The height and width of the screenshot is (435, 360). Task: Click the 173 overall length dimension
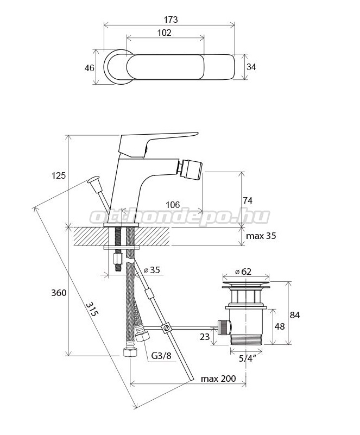click(x=170, y=20)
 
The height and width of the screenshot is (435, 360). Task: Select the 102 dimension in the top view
click(x=164, y=33)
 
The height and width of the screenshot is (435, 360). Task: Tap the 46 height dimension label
click(x=89, y=68)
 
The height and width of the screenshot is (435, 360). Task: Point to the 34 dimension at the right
click(x=251, y=67)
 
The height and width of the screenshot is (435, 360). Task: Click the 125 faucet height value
click(x=59, y=175)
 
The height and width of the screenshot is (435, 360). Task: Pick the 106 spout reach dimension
click(x=173, y=205)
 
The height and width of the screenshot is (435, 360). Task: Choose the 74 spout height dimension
click(x=248, y=200)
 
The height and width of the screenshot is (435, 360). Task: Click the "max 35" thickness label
click(x=261, y=236)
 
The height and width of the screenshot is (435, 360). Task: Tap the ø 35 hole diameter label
click(x=152, y=270)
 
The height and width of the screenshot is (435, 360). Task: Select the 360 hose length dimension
click(x=59, y=292)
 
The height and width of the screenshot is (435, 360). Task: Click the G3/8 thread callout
click(x=161, y=355)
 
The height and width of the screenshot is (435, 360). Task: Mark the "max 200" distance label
click(x=218, y=379)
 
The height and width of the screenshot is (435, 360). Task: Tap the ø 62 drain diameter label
click(x=243, y=272)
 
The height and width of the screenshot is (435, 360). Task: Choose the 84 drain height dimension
click(x=294, y=315)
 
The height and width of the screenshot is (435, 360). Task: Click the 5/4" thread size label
click(x=247, y=358)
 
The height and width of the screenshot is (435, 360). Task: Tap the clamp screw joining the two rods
click(x=166, y=327)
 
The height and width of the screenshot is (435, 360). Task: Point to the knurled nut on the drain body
click(x=224, y=327)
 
